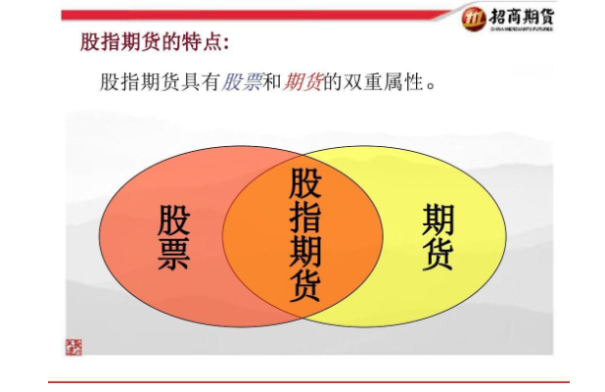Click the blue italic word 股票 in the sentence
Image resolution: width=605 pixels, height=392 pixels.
tap(242, 82)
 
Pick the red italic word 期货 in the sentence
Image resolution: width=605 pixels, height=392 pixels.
tap(302, 82)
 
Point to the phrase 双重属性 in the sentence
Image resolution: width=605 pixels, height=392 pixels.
tap(383, 82)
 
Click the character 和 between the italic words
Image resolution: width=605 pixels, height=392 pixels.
tap(272, 82)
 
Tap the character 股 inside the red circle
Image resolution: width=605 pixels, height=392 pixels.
tap(173, 222)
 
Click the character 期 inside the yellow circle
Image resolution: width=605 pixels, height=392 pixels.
tap(438, 221)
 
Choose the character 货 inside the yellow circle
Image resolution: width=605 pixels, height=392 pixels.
tap(438, 254)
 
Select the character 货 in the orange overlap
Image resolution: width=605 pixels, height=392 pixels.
tap(305, 285)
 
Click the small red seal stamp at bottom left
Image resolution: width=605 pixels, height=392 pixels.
tap(74, 347)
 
